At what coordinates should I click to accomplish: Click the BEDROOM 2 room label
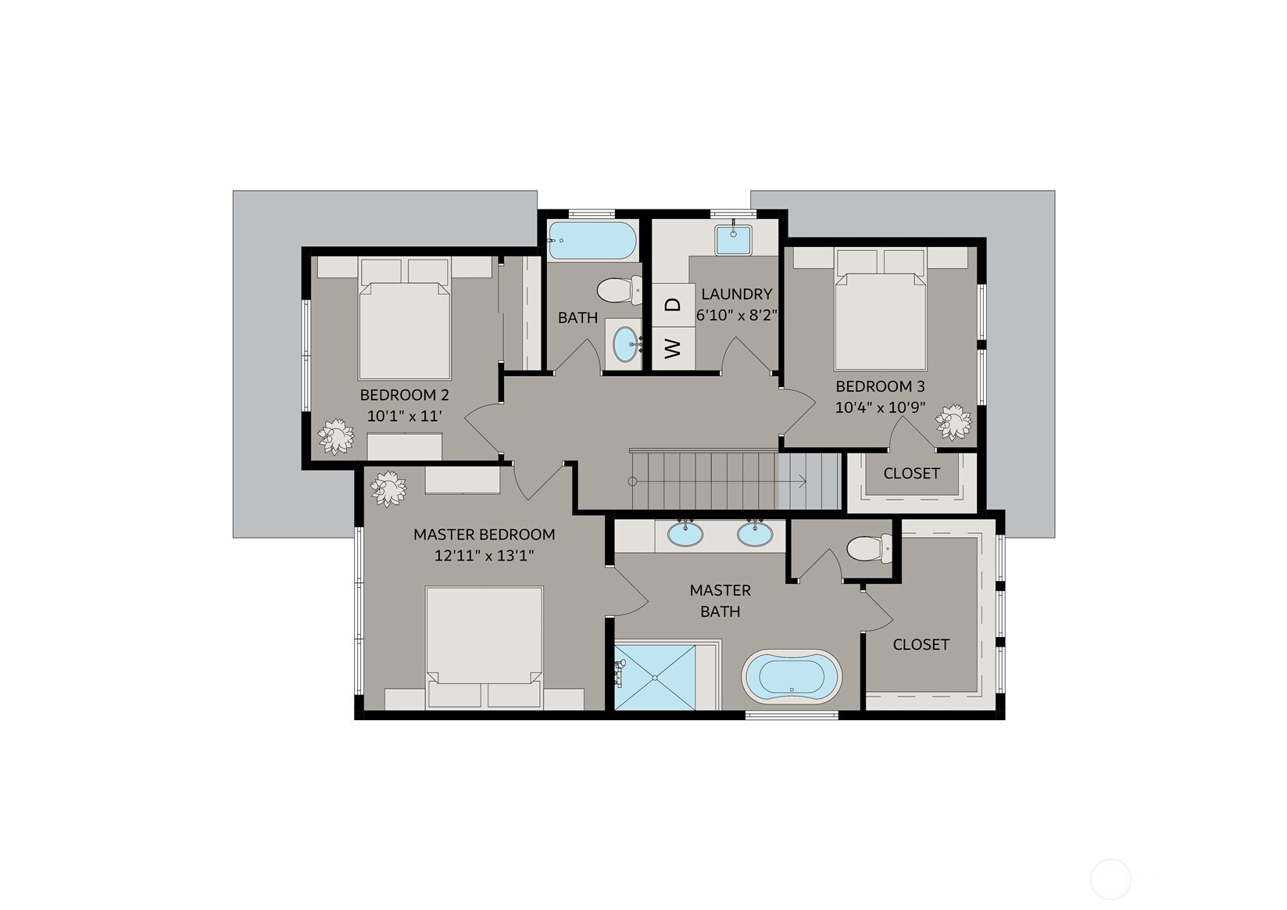[405, 395]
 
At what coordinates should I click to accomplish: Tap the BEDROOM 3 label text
[880, 386]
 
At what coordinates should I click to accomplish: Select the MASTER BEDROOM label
[484, 535]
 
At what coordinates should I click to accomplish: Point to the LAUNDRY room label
[737, 294]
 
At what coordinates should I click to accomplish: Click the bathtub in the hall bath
[592, 240]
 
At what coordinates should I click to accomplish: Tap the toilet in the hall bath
[620, 290]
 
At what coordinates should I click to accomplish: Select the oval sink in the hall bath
[625, 344]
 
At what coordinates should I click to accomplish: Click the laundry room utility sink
[734, 240]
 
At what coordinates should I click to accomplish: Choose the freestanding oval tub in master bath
[792, 676]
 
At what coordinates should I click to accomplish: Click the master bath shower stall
[655, 678]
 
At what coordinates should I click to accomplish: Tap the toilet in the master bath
[869, 548]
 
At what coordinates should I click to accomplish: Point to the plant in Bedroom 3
[954, 422]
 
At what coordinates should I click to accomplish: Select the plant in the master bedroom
[388, 489]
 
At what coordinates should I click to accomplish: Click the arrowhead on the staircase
[803, 481]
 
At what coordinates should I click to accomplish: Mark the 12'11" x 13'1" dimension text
[484, 556]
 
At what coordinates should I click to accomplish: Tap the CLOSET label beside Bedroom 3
[912, 474]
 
